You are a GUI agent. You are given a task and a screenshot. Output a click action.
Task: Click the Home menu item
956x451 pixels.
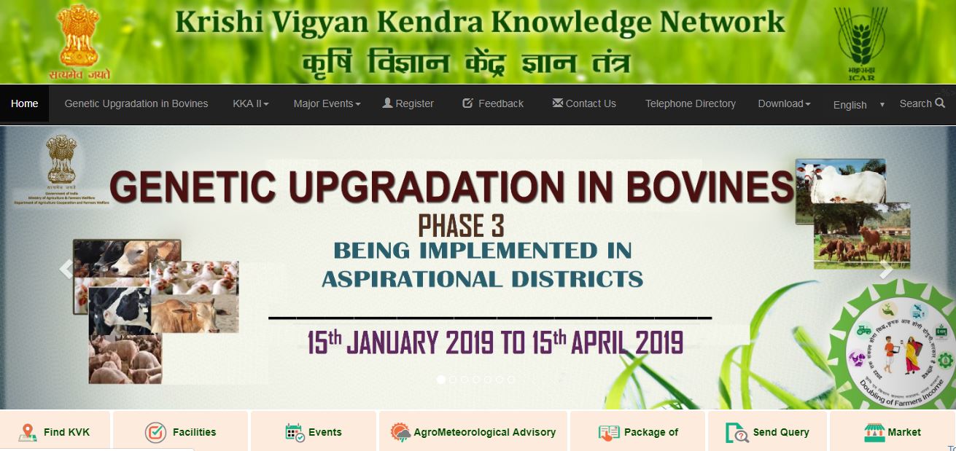point(25,103)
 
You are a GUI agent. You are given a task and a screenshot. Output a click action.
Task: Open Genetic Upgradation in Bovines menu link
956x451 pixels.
point(136,103)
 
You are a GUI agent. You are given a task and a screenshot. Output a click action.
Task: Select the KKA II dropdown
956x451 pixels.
point(251,103)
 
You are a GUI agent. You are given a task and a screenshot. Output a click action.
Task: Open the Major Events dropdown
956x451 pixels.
point(327,103)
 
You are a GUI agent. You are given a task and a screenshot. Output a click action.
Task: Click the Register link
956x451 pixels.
point(408,103)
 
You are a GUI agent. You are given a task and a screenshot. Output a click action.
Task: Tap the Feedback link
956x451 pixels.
point(493,103)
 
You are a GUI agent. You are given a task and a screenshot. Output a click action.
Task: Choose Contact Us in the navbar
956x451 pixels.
point(584,103)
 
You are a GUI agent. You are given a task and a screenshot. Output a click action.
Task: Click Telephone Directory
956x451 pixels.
point(691,103)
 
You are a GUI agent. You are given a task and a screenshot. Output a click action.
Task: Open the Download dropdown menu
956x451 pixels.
point(784,103)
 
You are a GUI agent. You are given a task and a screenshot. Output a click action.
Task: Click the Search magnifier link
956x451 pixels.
point(922,103)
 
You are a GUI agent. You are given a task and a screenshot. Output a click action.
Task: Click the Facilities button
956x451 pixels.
point(181,432)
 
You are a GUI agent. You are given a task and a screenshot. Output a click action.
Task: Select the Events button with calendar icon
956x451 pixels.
point(314,432)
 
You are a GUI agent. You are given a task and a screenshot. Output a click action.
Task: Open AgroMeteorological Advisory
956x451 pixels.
point(473,432)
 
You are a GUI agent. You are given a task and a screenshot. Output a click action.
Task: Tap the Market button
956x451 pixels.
point(893,432)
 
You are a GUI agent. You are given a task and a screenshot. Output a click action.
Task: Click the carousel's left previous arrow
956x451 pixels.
point(66,270)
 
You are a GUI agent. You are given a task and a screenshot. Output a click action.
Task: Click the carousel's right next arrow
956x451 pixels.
point(886,270)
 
